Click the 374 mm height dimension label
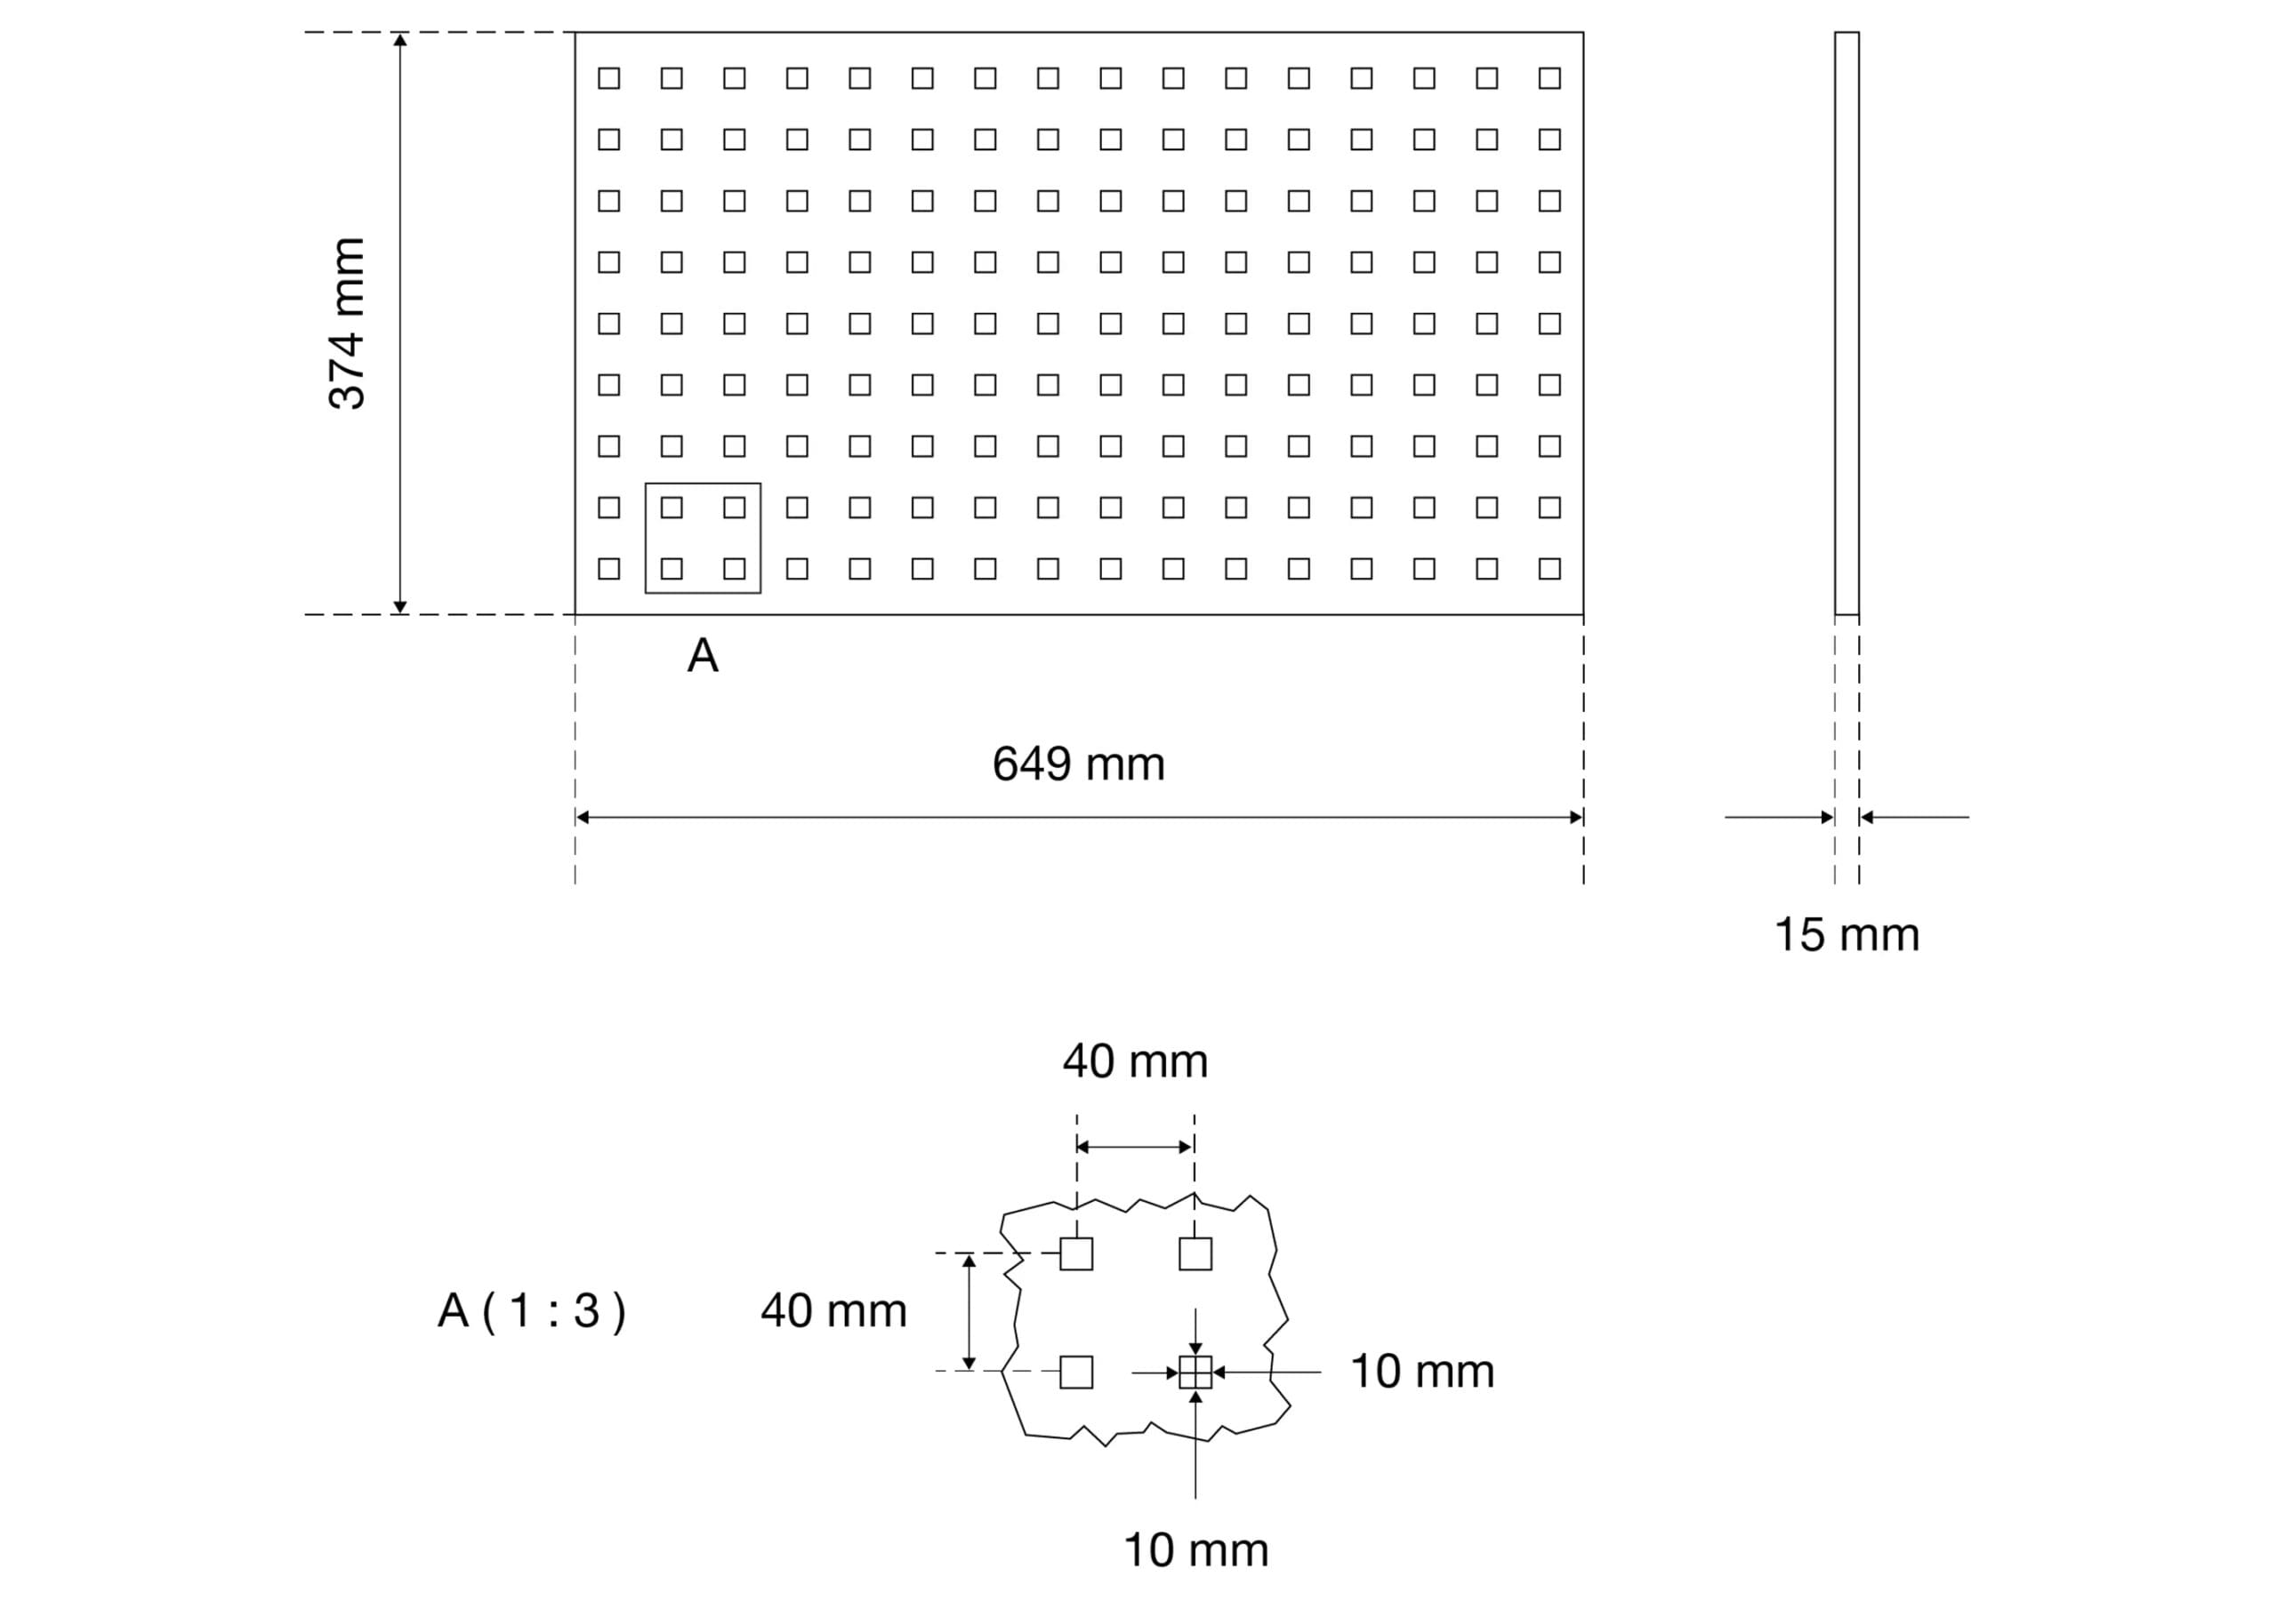347,324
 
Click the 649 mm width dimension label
1078,764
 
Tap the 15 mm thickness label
1847,935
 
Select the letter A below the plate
702,655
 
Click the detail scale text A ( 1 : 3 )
532,1310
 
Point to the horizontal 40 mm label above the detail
1136,1061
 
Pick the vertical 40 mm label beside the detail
833,1310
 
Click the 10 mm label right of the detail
1422,1372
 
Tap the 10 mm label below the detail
1195,1550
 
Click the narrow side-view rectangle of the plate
1847,324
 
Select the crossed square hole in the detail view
1195,1372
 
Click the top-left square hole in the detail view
1076,1254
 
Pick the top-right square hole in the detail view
1195,1254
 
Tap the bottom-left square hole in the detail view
1076,1372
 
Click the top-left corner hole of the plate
609,78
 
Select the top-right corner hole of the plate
1549,78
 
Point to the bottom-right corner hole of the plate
1549,568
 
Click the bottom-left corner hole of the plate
609,568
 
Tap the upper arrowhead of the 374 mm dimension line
399,40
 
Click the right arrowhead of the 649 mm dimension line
1576,817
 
